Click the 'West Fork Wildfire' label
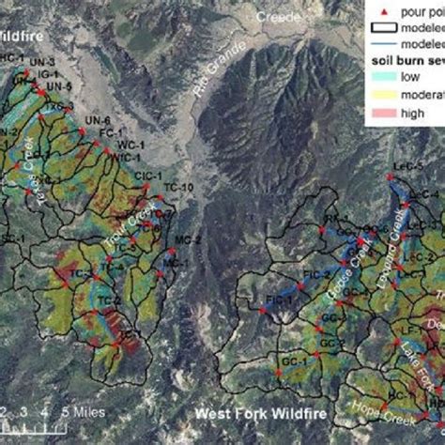(261, 413)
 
